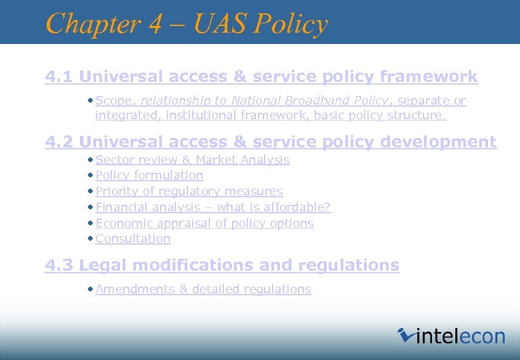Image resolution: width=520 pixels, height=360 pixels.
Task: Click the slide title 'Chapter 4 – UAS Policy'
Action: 187,24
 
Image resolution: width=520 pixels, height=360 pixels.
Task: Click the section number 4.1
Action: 59,77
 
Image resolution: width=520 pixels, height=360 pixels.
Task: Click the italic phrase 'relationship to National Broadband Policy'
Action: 264,101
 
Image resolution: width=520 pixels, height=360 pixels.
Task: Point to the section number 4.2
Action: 59,142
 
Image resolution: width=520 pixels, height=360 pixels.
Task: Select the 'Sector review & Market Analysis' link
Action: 192,160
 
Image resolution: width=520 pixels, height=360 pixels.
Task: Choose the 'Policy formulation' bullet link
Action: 149,175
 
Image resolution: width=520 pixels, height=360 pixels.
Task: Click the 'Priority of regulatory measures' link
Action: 189,191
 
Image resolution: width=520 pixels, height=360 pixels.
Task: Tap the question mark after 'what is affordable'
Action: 327,207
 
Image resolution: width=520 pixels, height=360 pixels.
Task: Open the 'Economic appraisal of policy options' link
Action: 204,223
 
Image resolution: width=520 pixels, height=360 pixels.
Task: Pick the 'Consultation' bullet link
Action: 133,239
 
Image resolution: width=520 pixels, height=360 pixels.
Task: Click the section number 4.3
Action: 59,265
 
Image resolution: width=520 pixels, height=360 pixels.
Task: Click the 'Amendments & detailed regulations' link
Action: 203,289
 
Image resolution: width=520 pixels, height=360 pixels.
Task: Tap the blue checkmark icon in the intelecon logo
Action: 405,335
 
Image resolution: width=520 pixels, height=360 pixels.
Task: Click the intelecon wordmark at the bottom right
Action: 460,336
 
